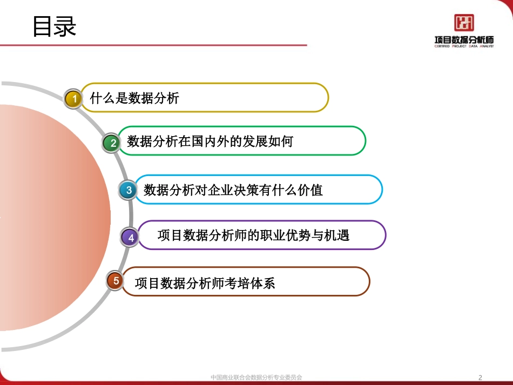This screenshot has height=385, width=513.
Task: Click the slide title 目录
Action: point(54,26)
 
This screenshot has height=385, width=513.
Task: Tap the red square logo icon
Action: point(464,22)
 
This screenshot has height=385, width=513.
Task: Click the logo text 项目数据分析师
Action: point(464,39)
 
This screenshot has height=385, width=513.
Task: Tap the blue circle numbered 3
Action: point(129,190)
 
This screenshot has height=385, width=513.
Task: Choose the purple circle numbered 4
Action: point(130,237)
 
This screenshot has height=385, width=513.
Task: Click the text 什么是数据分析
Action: point(134,98)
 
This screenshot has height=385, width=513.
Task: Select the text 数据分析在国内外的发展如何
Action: point(210,141)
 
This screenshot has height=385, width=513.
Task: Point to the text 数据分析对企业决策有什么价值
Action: point(233,190)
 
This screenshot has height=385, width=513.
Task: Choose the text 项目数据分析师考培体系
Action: point(205,282)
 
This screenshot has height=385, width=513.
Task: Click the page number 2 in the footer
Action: point(481,377)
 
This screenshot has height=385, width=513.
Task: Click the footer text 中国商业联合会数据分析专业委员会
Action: point(256,377)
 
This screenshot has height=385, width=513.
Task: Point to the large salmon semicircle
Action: point(54,216)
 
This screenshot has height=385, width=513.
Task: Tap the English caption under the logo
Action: point(464,46)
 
